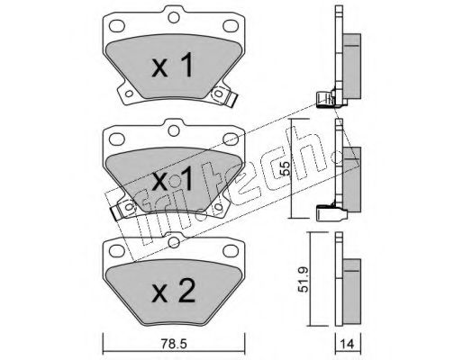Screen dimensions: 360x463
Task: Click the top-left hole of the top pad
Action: click(x=118, y=25)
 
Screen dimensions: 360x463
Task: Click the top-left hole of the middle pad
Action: click(x=118, y=137)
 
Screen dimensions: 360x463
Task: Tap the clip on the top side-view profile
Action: click(x=325, y=99)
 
